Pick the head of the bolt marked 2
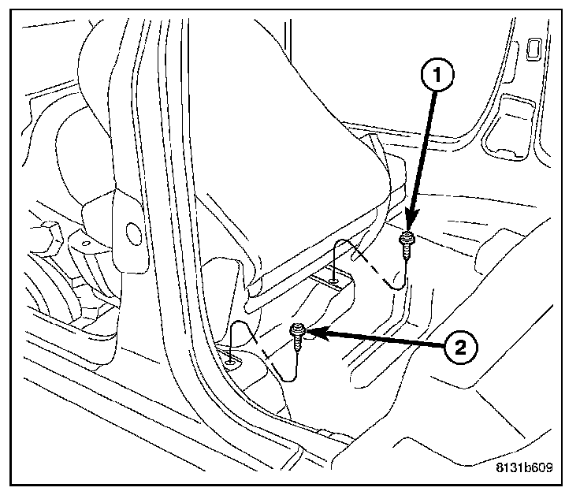point(299,332)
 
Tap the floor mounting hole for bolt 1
point(335,277)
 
